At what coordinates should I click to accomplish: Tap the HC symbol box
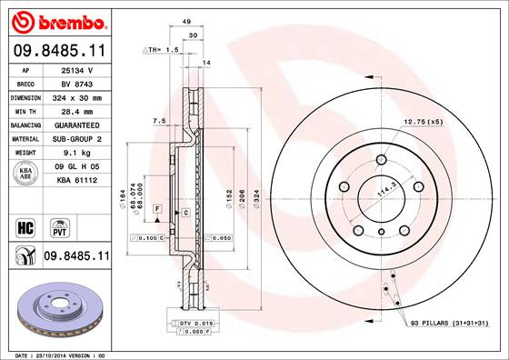[x=26, y=224]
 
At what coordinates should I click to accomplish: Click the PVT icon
[x=59, y=224]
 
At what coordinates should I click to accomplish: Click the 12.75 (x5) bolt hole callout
[x=424, y=122]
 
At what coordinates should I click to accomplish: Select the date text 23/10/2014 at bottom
[x=45, y=354]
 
